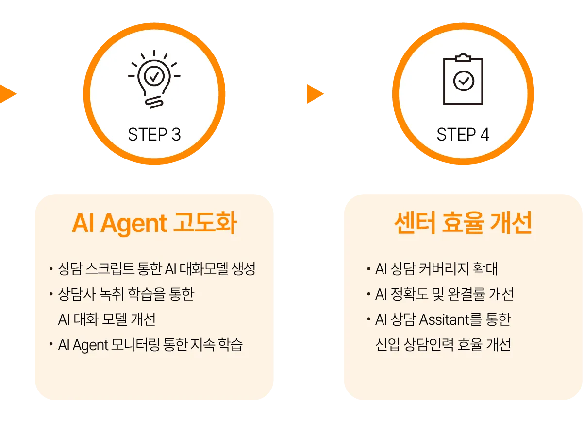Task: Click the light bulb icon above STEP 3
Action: (154, 78)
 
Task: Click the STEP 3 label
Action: (154, 135)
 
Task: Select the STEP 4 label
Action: (463, 135)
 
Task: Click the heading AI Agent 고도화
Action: (154, 224)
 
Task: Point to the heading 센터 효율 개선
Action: (463, 224)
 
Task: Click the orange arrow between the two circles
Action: (316, 93)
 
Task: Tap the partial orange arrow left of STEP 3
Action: (7, 93)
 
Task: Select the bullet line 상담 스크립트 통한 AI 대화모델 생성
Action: (156, 269)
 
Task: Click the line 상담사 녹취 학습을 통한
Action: (126, 294)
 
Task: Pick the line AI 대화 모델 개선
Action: (107, 319)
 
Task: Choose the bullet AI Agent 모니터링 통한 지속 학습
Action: (150, 345)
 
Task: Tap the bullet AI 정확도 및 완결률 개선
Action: (444, 294)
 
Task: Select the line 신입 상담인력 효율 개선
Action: (443, 345)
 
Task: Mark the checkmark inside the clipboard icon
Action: (464, 81)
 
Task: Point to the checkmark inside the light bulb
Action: (154, 75)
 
